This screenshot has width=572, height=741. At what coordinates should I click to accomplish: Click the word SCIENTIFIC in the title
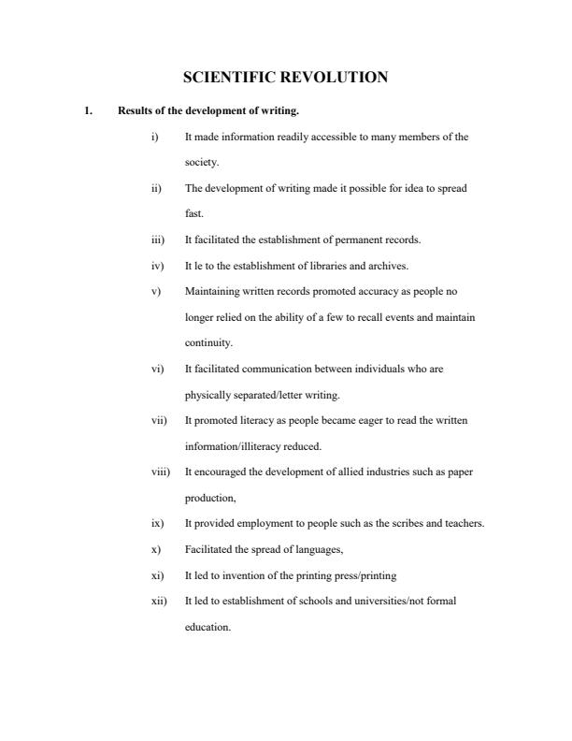point(225,78)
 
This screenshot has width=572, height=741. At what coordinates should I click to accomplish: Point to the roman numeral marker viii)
point(160,472)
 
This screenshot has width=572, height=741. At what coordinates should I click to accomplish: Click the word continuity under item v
point(208,342)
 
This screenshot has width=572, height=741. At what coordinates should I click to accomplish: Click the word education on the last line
point(207,626)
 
